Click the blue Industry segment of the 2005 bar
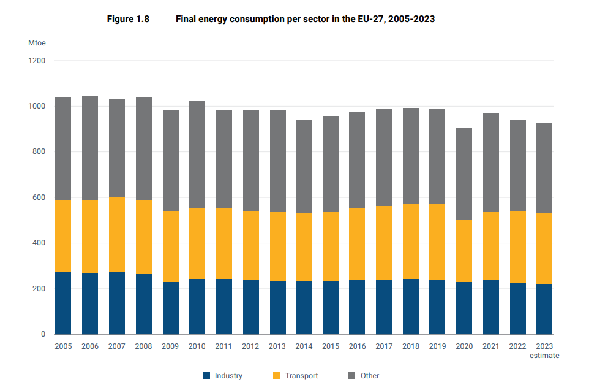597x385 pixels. (x=63, y=303)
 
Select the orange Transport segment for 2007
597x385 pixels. (x=116, y=235)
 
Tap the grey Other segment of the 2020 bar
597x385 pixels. (x=464, y=173)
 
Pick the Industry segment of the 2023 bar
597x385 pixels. (x=544, y=309)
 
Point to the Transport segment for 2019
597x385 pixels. (x=437, y=242)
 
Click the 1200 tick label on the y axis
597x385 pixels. (x=37, y=61)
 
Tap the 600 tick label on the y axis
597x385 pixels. (x=39, y=197)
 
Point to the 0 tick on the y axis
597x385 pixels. (x=43, y=334)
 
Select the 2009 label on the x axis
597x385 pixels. (x=170, y=346)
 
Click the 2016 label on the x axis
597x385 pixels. (x=357, y=346)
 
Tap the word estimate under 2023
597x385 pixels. (x=544, y=356)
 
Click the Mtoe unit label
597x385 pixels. (x=37, y=43)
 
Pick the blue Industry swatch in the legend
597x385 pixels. (x=206, y=376)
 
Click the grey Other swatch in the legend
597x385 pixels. (x=351, y=376)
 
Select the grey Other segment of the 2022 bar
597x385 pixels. (x=517, y=165)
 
